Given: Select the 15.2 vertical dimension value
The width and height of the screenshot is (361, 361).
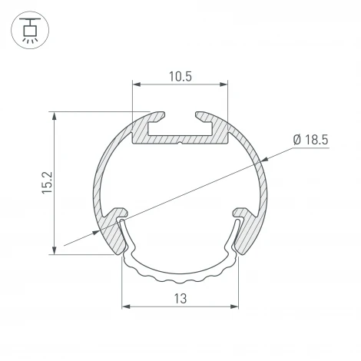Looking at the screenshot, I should [45, 182].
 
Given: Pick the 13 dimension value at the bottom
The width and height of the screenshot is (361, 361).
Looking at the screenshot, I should [180, 298].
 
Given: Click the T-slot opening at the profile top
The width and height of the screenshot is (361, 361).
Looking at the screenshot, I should [180, 121].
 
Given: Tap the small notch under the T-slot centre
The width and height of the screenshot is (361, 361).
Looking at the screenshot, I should [180, 141].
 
